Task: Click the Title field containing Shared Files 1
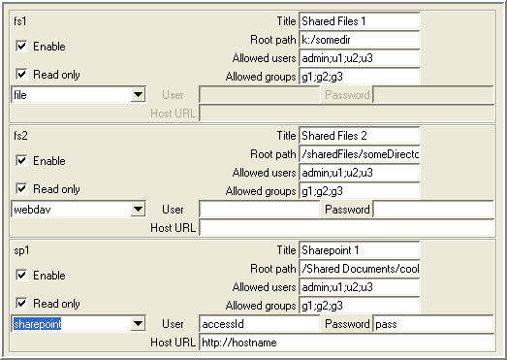(x=359, y=20)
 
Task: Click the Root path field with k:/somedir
(x=359, y=40)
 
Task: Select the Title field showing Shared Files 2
(x=359, y=135)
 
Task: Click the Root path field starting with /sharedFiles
(x=359, y=153)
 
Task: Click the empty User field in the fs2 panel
(x=260, y=210)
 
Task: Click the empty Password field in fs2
(x=434, y=210)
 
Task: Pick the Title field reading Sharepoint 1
(x=359, y=249)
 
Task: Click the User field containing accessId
(x=260, y=324)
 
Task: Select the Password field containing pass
(x=434, y=324)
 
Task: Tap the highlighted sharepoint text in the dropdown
(x=38, y=324)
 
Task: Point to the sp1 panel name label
(x=20, y=248)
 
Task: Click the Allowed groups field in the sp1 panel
(x=359, y=305)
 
